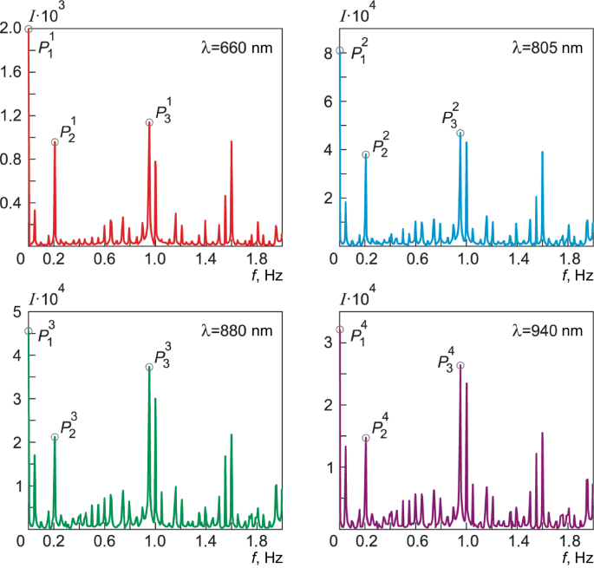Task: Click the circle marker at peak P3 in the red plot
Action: tap(149, 122)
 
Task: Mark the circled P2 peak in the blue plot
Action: tap(365, 154)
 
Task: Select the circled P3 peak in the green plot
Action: tap(149, 367)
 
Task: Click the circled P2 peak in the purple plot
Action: tap(365, 438)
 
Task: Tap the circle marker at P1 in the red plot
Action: tap(29, 29)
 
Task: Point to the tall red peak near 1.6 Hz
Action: tap(232, 142)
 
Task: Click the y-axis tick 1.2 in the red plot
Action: tap(12, 115)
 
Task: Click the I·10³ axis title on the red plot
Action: tap(42, 10)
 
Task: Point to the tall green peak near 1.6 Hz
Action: tap(232, 435)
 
